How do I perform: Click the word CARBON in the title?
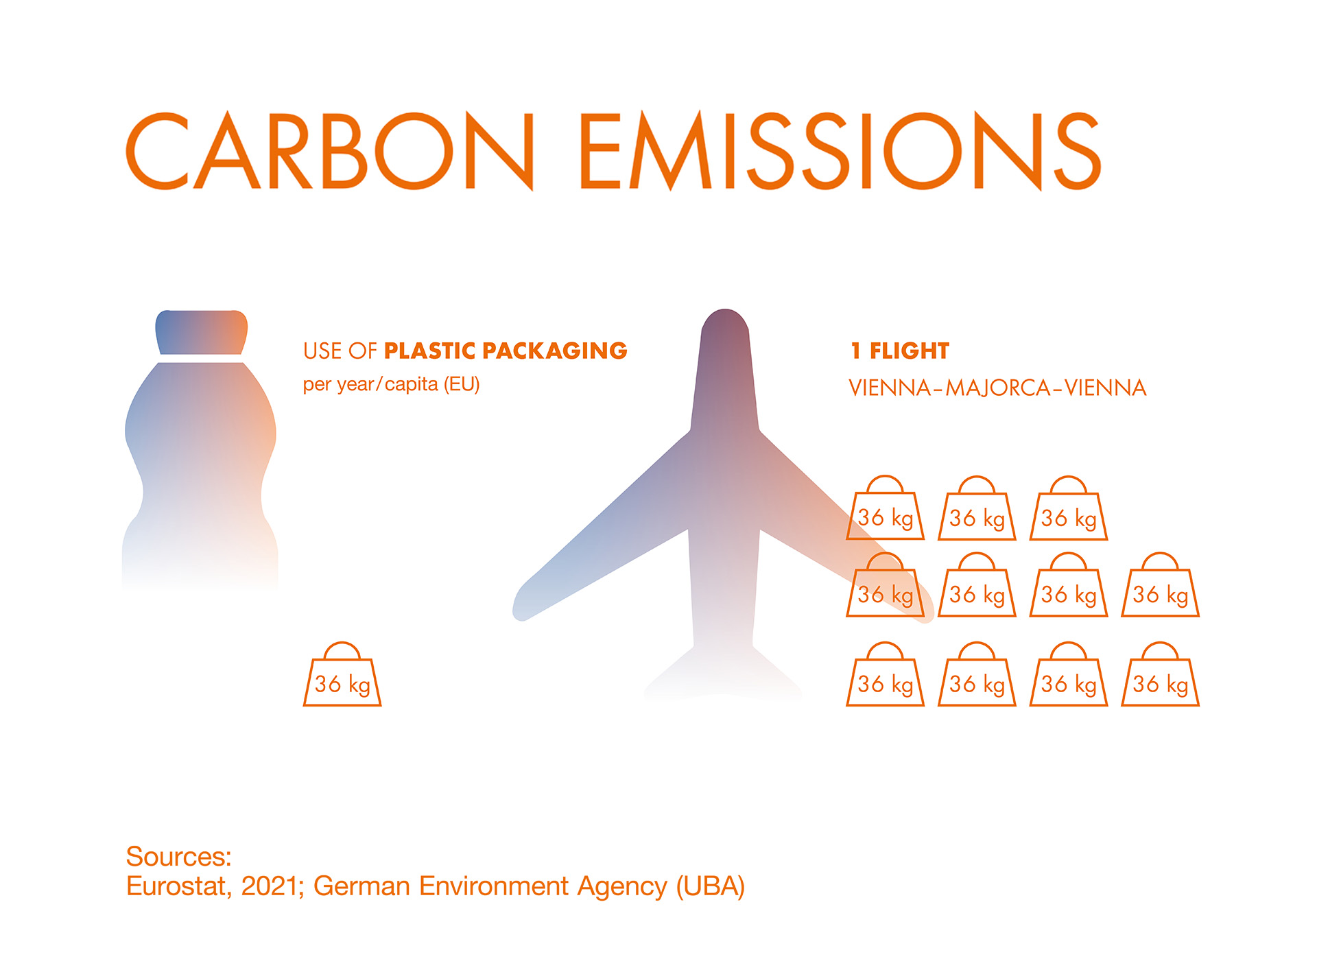pos(330,150)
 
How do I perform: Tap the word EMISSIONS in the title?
pos(841,150)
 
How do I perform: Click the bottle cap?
pos(202,332)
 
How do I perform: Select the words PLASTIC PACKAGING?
pos(506,351)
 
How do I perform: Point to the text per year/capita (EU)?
pos(391,384)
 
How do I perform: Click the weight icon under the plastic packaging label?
pos(342,674)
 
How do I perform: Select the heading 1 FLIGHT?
pos(900,351)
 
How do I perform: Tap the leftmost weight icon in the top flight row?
pos(886,508)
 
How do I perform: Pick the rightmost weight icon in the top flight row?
pos(1069,508)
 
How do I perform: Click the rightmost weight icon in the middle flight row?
pos(1161,584)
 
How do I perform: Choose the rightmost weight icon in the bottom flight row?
pos(1161,674)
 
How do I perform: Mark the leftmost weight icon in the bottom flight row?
pos(886,674)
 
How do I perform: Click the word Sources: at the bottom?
pos(179,857)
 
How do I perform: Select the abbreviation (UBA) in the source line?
pos(711,887)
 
